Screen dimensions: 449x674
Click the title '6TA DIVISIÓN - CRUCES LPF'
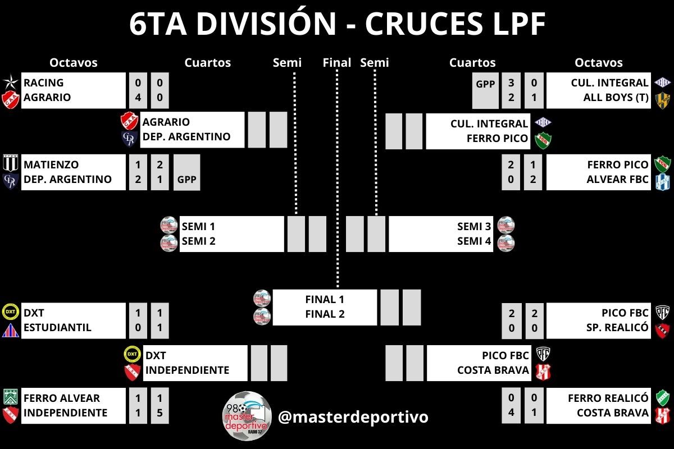[337, 24]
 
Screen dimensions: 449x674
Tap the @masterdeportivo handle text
[353, 417]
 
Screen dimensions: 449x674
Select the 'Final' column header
[337, 62]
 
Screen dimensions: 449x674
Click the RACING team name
[44, 83]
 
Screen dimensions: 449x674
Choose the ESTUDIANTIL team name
[57, 327]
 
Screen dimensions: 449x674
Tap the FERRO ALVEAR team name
[62, 398]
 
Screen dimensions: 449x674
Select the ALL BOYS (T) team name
[616, 97]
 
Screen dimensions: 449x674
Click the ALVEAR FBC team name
[618, 180]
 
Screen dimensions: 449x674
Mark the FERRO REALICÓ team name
[608, 398]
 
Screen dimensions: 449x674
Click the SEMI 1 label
[199, 227]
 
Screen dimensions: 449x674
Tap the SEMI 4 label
[475, 241]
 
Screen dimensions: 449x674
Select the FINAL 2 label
[325, 314]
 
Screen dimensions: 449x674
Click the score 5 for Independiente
[160, 413]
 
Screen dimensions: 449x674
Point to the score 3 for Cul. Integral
[511, 83]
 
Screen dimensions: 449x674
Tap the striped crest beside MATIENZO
[11, 164]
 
